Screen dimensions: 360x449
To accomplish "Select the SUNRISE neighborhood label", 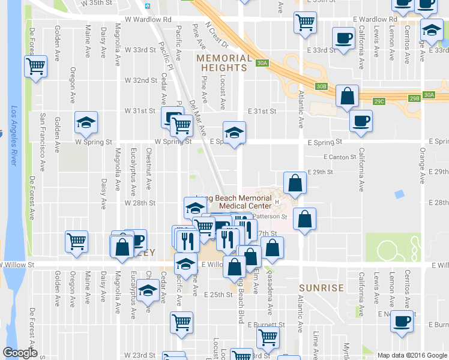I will click(321, 288).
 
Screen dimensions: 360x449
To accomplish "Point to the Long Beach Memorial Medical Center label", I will click(239, 202).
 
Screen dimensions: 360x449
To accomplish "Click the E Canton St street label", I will click(340, 157).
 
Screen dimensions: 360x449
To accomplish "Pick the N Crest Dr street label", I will click(217, 36).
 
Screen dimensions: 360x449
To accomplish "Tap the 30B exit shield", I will click(322, 86).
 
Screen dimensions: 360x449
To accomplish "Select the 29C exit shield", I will click(379, 101).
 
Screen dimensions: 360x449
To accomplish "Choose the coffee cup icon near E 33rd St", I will click(344, 38).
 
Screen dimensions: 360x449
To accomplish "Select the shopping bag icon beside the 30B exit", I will click(348, 95).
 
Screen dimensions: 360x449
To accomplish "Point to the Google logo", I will click(20, 353).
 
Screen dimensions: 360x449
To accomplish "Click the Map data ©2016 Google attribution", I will click(412, 355).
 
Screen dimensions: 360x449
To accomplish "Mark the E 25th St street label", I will click(217, 295).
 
